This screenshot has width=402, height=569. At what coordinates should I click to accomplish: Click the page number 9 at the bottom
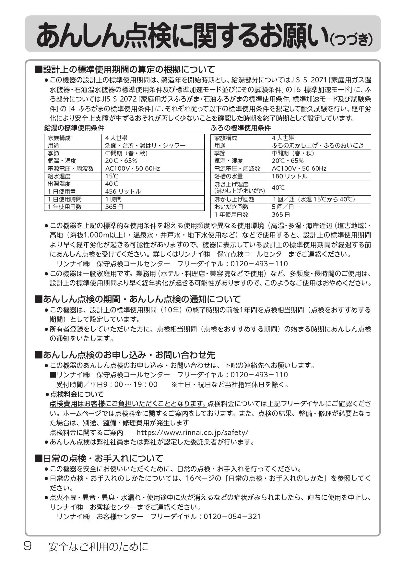tap(27, 546)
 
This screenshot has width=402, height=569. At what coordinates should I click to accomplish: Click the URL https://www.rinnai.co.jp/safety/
tap(193, 432)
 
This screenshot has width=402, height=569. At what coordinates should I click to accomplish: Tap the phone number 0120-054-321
tap(232, 516)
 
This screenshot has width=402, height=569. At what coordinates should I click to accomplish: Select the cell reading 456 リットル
tap(123, 191)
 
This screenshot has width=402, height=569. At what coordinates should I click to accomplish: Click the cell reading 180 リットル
tap(290, 176)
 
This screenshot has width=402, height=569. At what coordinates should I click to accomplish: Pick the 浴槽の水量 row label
tap(228, 176)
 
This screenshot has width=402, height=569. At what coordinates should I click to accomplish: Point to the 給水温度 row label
tap(59, 176)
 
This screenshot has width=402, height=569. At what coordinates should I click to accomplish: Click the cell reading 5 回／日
tap(283, 207)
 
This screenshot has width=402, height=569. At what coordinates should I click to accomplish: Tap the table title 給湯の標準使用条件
tap(74, 128)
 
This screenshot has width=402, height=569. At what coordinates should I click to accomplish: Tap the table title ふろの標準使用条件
tap(241, 128)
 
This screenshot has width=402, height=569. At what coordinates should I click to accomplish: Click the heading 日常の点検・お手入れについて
tap(103, 458)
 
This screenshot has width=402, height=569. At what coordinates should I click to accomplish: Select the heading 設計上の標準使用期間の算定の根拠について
tap(129, 69)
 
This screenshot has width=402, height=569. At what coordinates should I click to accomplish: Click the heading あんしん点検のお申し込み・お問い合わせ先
tap(129, 355)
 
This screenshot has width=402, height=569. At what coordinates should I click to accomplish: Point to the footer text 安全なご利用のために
tap(98, 547)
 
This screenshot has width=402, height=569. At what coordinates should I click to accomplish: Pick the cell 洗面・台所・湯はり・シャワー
tap(145, 145)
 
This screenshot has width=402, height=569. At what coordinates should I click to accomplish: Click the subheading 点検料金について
tap(77, 394)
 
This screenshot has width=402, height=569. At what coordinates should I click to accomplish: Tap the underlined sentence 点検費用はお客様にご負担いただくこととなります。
tap(128, 404)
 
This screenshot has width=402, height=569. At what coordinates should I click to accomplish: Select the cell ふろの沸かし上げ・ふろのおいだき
tap(317, 145)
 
